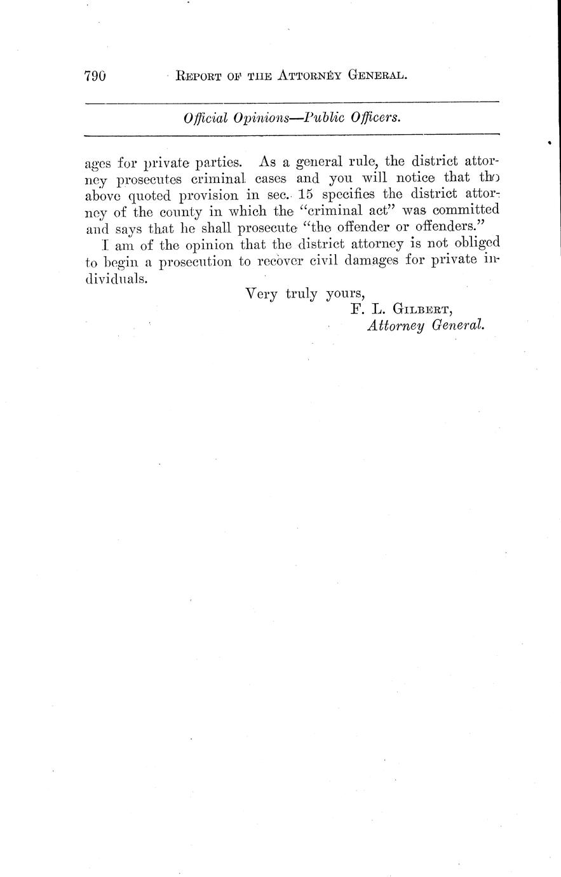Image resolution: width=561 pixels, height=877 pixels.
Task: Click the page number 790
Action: coord(94,76)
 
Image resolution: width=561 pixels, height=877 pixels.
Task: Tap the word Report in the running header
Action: coord(198,76)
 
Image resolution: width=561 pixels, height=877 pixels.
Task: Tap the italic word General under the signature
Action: coord(457,327)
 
